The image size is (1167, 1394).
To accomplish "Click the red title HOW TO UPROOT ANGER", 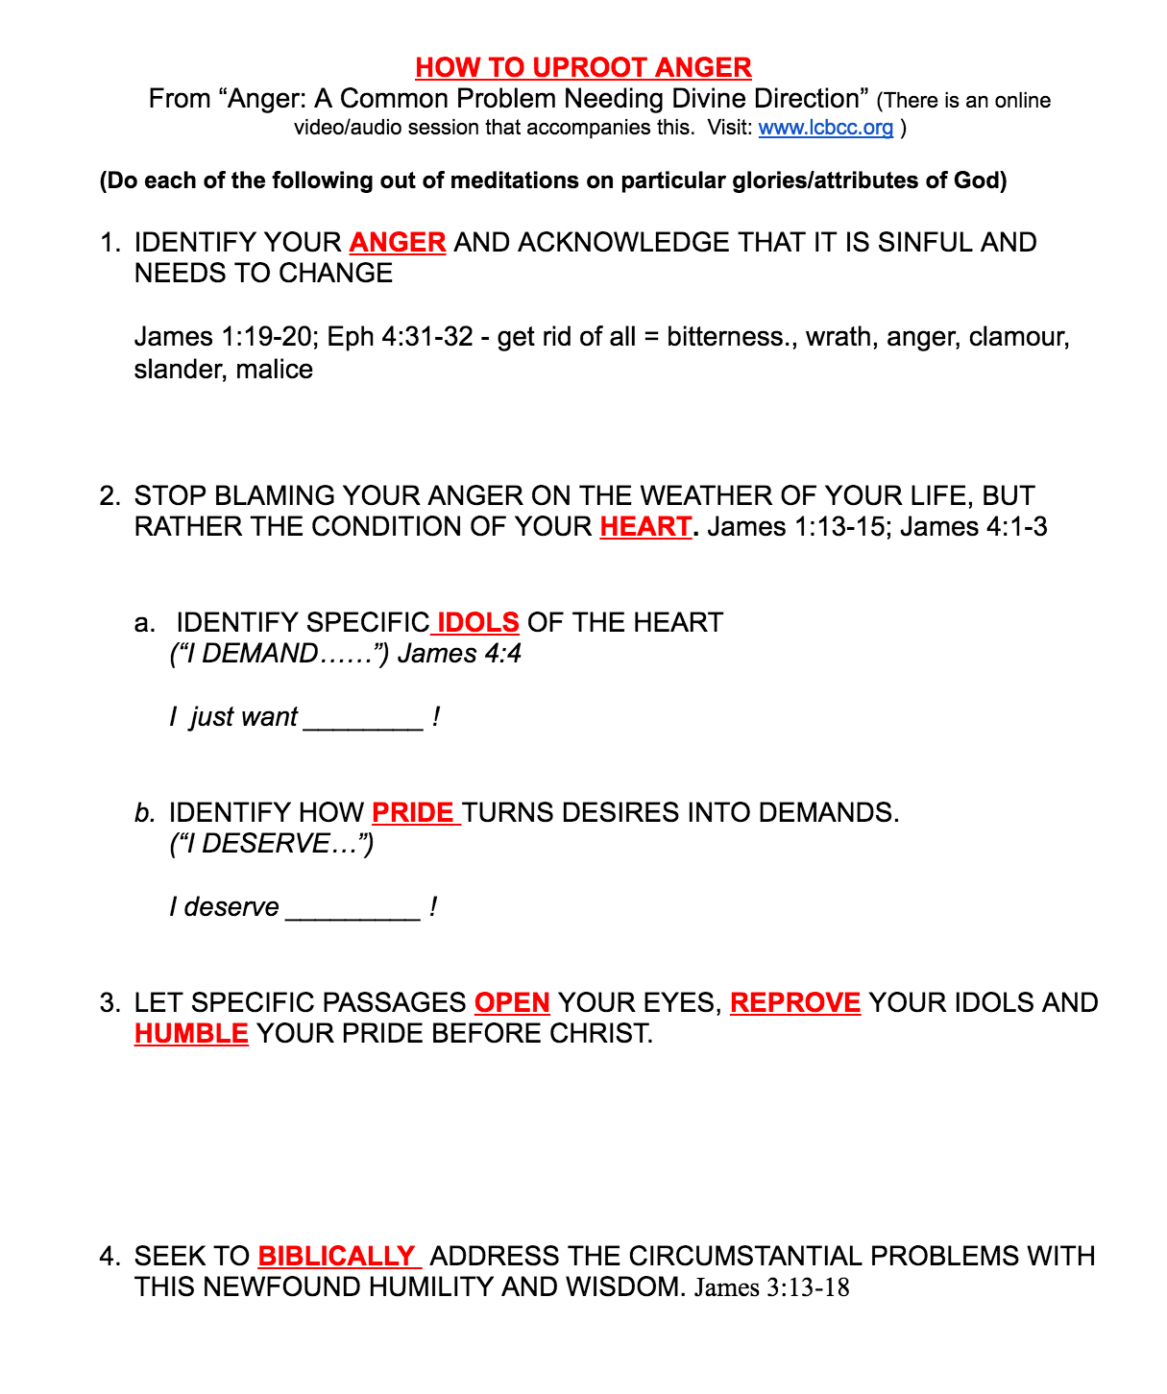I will click(583, 68).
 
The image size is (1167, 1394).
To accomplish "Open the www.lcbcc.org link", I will click(825, 128).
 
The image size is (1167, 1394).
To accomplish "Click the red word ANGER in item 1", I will click(398, 243).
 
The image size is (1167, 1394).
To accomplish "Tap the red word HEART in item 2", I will click(645, 527).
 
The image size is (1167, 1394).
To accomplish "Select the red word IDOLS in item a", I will click(477, 623).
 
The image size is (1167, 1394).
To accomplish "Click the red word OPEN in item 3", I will click(512, 1003).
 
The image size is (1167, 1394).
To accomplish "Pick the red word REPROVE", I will click(795, 1003).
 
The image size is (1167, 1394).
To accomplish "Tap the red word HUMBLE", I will click(191, 1034).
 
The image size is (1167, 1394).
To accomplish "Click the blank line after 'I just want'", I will click(363, 720).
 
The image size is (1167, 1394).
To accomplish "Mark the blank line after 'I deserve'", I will click(353, 910).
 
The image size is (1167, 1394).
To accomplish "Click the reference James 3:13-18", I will click(771, 1287).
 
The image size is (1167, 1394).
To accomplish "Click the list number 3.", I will click(109, 1003).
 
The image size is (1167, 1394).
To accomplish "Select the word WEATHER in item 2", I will click(709, 496).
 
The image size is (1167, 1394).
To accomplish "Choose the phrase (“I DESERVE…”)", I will click(271, 844).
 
